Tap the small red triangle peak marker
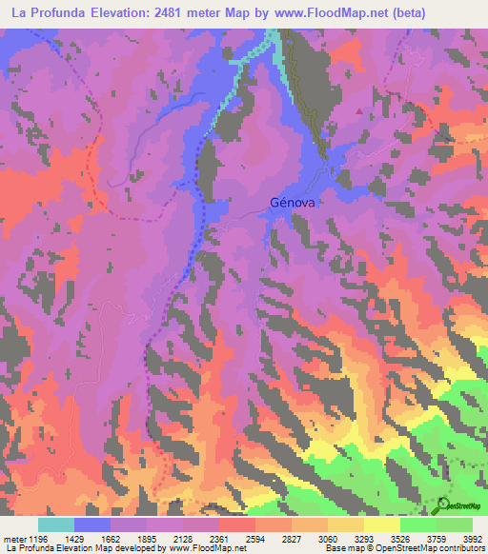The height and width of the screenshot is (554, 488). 359,110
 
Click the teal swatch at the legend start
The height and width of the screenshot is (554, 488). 56,524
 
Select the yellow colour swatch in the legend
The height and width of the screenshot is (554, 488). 381,524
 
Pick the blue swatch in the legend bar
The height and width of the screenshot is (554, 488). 92,524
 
